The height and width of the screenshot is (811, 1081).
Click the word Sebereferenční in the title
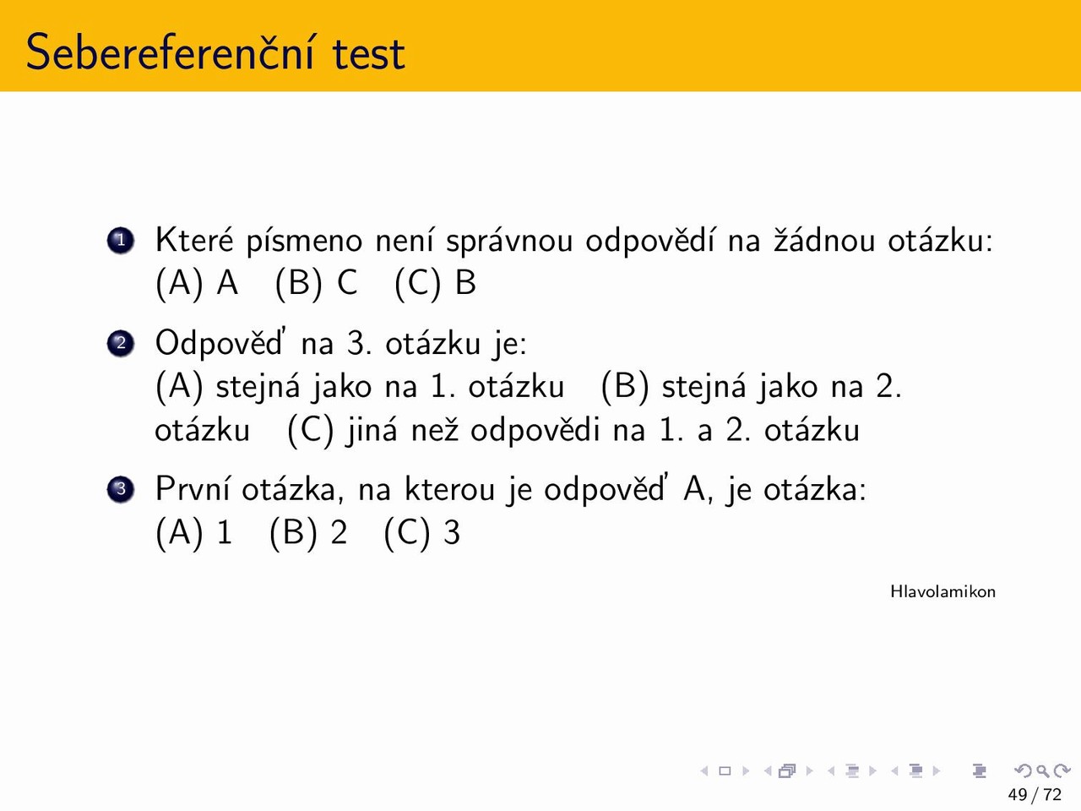(x=170, y=52)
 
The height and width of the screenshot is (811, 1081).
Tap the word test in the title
(x=368, y=54)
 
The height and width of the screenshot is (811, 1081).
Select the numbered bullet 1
(x=120, y=240)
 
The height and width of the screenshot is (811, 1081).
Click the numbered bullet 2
(x=120, y=343)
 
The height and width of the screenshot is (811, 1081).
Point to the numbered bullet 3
(x=120, y=489)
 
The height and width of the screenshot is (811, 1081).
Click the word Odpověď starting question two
(x=219, y=343)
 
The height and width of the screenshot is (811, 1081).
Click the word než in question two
(x=435, y=430)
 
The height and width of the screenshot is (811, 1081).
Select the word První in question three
(x=192, y=488)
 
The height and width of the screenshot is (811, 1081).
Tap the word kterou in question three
(x=449, y=488)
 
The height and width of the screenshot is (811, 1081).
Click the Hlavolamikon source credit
(x=942, y=591)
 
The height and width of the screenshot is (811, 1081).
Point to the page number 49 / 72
(x=1035, y=794)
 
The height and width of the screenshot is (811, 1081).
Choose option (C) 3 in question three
(x=422, y=532)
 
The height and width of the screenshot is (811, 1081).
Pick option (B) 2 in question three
(x=308, y=532)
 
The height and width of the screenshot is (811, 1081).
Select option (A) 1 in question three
(x=194, y=532)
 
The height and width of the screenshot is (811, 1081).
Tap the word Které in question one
(x=194, y=240)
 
